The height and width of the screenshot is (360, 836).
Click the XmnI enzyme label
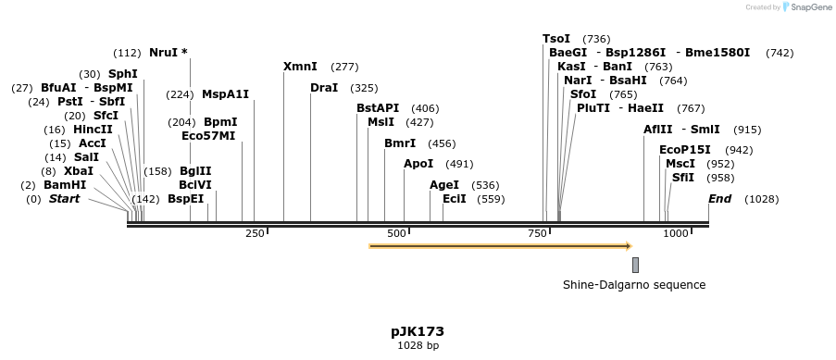point(300,67)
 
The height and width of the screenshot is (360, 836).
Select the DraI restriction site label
point(324,88)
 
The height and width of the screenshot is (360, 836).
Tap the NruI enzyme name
point(163,53)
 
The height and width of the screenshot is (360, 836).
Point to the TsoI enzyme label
point(556,39)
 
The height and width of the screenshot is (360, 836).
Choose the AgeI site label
point(444,185)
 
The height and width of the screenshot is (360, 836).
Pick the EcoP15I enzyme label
point(685,150)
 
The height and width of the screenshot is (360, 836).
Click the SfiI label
point(682,177)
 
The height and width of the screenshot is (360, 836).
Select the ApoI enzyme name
point(418,164)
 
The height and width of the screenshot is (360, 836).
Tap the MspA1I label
point(226,94)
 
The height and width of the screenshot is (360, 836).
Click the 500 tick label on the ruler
point(397,233)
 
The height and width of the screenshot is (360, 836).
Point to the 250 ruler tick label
point(255,233)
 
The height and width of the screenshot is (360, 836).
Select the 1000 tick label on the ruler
point(674,233)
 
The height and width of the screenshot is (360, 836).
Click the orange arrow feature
point(500,246)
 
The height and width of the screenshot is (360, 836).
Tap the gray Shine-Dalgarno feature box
point(635,265)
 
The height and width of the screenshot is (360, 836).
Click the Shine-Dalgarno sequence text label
point(634,285)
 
